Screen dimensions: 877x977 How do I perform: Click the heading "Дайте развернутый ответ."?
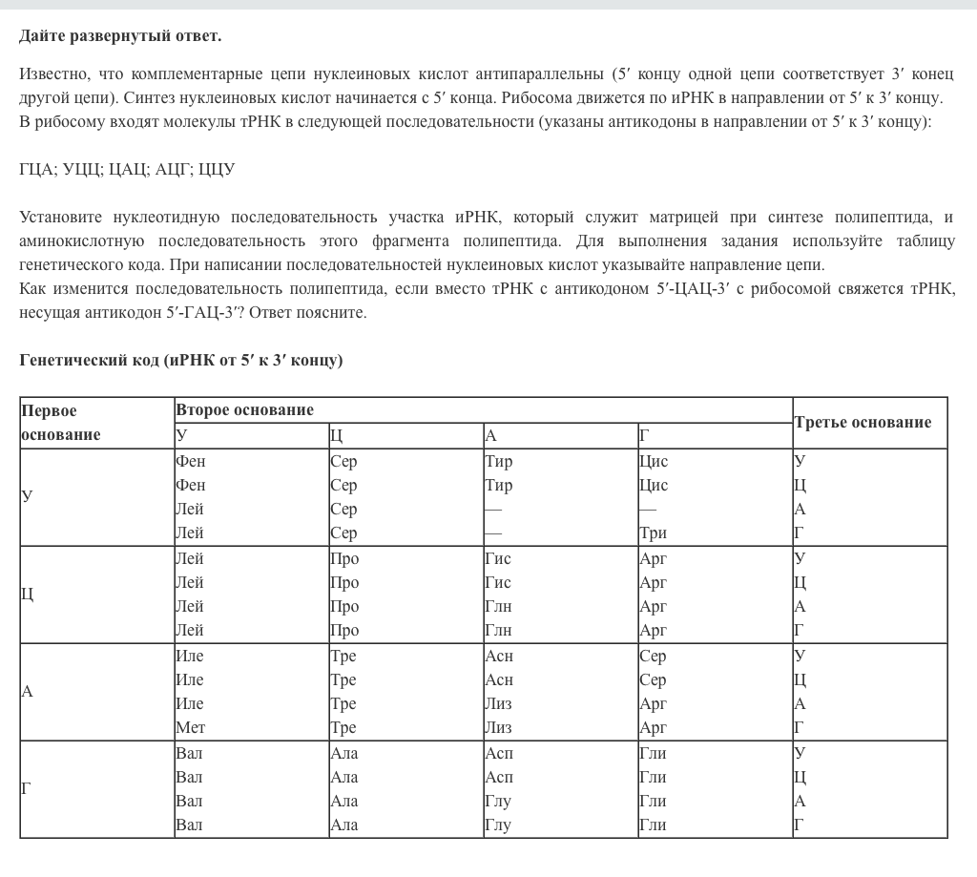[120, 36]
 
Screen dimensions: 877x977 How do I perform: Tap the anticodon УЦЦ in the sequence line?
[84, 170]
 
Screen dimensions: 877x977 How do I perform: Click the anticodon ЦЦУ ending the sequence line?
[217, 170]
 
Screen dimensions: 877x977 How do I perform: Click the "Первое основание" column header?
[62, 423]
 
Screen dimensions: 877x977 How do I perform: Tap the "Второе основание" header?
[244, 410]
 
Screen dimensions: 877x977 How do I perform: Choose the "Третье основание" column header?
[863, 423]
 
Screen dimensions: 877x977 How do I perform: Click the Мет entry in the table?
[190, 728]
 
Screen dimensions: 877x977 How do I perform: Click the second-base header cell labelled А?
[491, 436]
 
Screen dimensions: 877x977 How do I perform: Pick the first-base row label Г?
[27, 788]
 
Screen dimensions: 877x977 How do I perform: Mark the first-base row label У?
[27, 496]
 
